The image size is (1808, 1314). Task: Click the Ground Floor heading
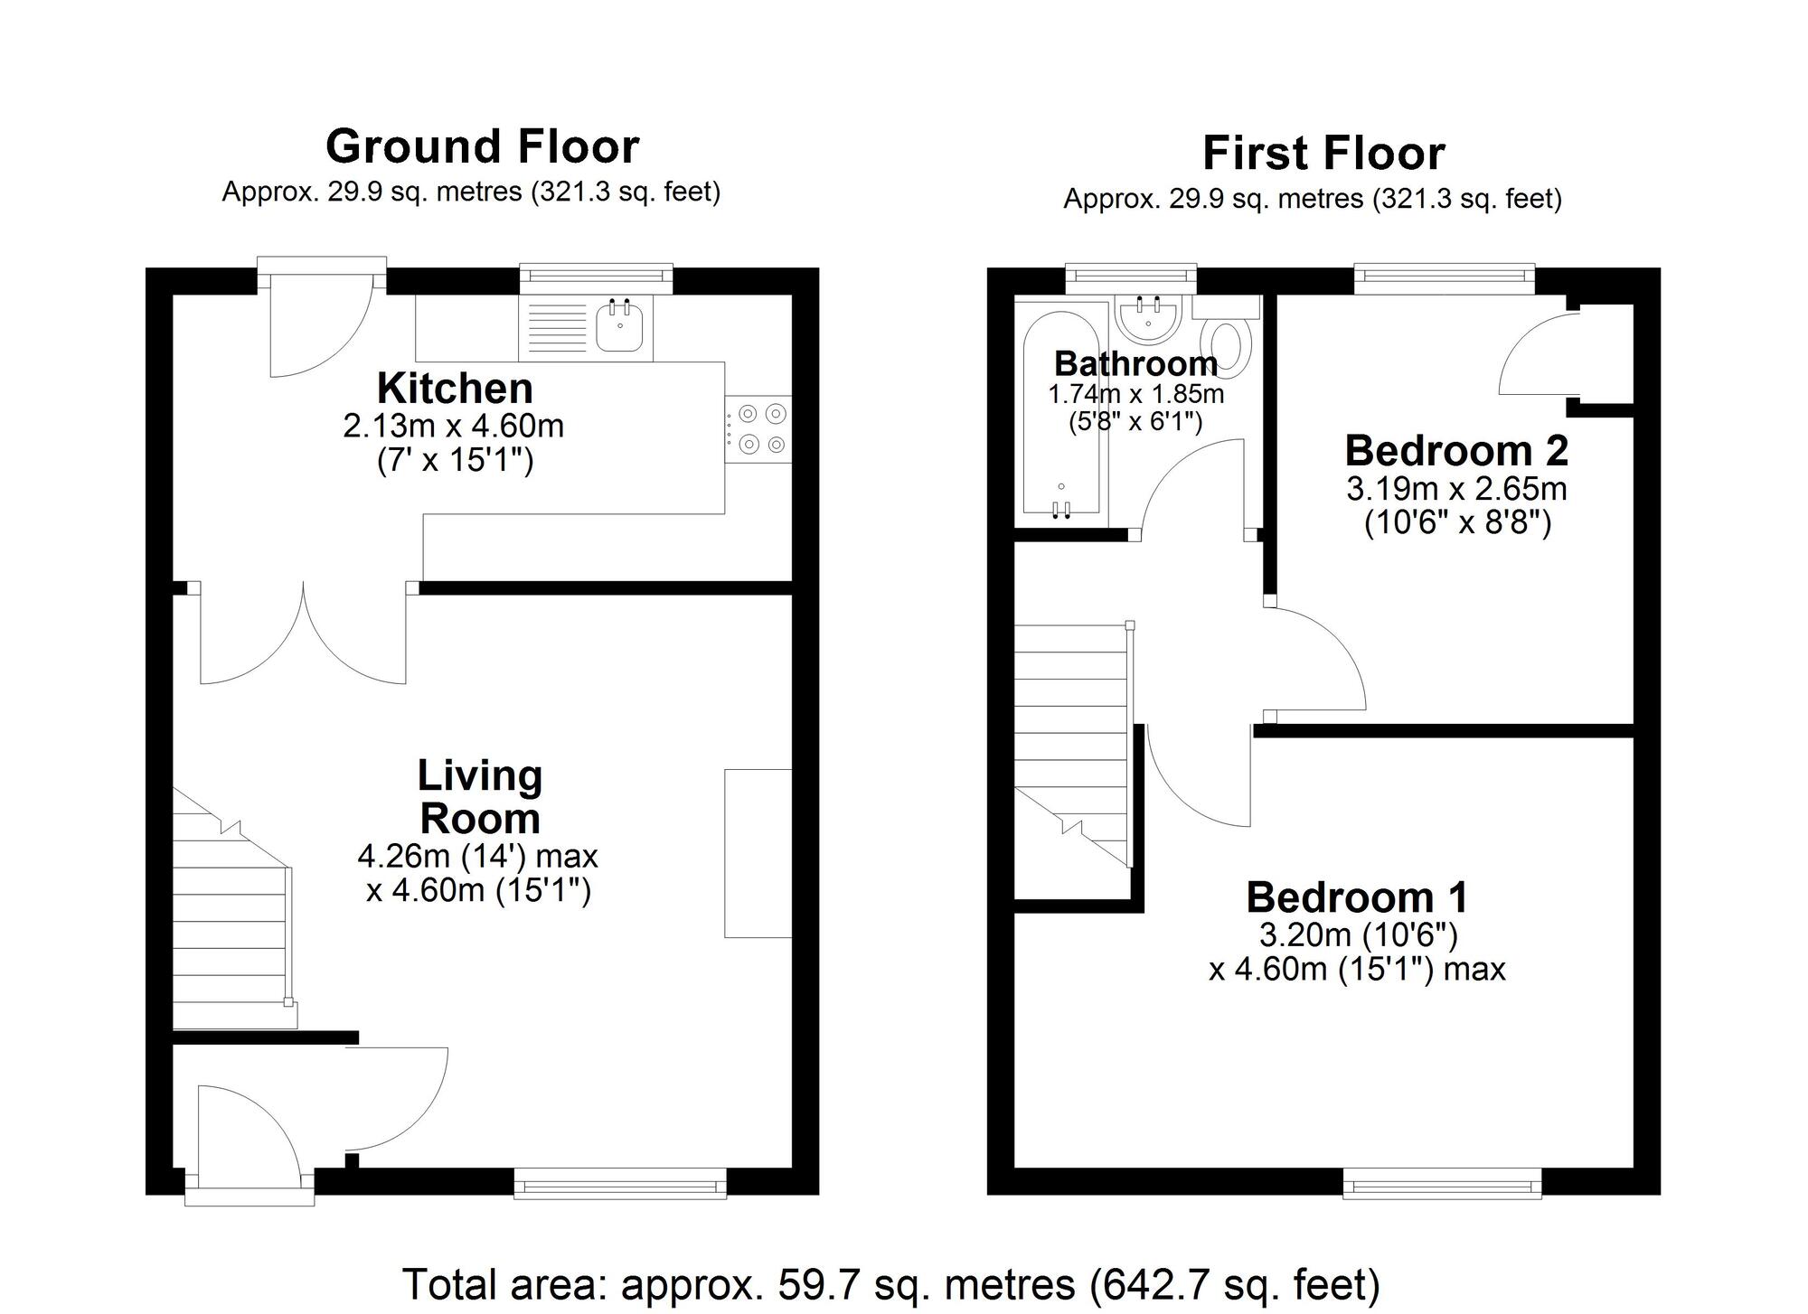(483, 146)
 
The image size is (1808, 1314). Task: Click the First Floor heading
(1323, 153)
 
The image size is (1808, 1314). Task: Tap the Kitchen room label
(455, 389)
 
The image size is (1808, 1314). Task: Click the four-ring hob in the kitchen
(758, 429)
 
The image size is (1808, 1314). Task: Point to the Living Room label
(480, 797)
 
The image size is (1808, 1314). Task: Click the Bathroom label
(1135, 363)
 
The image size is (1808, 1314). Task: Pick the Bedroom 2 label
(1456, 450)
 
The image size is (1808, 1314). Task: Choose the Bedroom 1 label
(1357, 897)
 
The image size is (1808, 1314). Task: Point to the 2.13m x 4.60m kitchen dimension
(453, 426)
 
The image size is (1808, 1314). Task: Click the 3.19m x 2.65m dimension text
(1456, 489)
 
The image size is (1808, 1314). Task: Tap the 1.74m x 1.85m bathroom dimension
(1135, 394)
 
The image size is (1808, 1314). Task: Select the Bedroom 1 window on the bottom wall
(1442, 1183)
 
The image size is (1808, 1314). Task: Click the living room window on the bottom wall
(620, 1183)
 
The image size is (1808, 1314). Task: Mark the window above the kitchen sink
(596, 278)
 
